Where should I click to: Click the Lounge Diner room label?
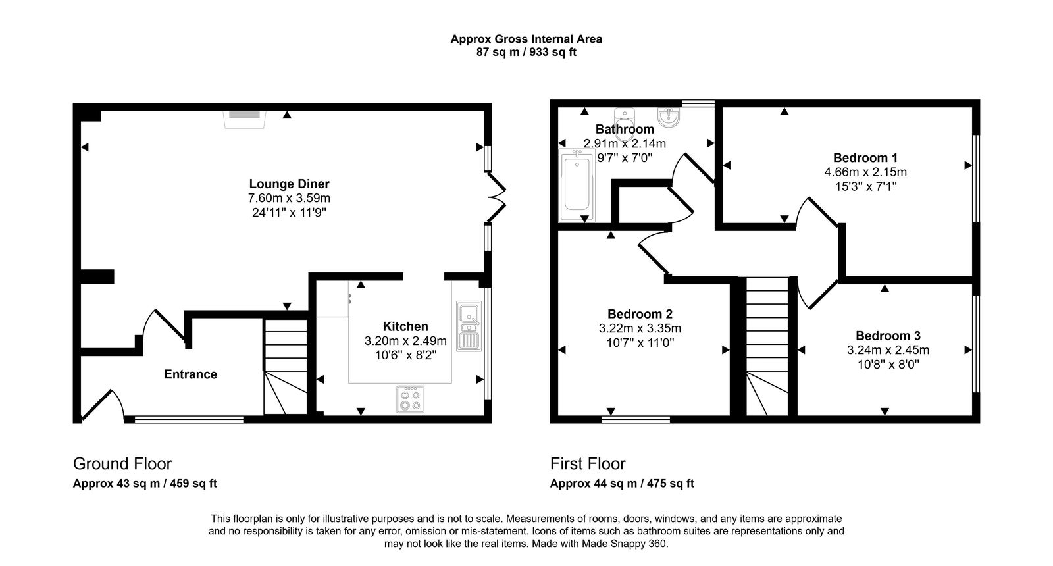(x=289, y=184)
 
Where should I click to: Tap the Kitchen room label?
(x=405, y=326)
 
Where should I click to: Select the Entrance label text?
(x=190, y=374)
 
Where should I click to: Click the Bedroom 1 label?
(x=865, y=157)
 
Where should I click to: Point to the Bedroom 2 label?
(x=640, y=314)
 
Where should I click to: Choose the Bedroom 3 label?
(x=888, y=336)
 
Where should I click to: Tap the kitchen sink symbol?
(x=469, y=325)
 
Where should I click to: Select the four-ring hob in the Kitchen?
(x=410, y=399)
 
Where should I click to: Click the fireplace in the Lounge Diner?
(x=244, y=117)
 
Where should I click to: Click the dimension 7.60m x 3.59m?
(x=289, y=198)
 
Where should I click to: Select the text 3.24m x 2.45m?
(x=888, y=350)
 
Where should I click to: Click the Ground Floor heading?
(x=122, y=463)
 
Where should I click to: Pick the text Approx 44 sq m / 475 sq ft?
(x=622, y=484)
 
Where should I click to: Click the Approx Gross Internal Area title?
(x=526, y=39)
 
